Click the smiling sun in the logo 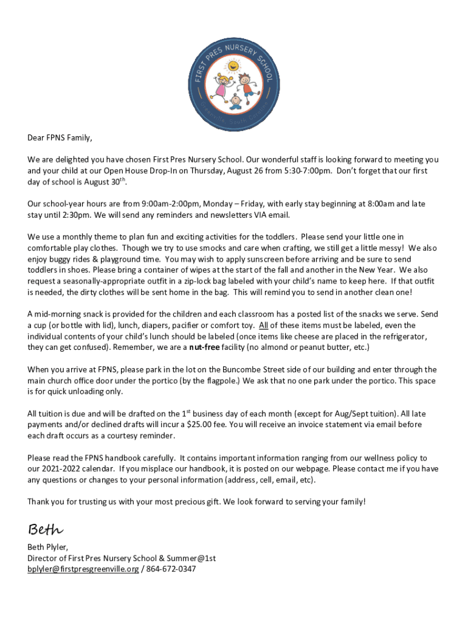(233, 65)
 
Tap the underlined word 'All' (263, 325)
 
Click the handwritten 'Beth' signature (45, 529)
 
